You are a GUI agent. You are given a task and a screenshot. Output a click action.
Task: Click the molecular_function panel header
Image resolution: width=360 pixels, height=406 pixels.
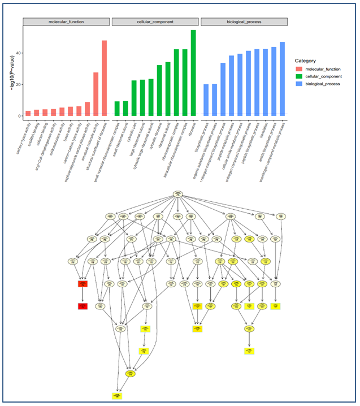point(66,22)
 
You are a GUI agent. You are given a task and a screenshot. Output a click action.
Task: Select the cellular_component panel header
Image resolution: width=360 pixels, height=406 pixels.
point(155,22)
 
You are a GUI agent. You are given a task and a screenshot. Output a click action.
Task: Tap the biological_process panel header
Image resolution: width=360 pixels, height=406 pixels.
point(244,22)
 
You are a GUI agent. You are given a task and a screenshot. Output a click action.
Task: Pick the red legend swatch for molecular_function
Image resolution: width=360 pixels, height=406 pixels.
point(301,68)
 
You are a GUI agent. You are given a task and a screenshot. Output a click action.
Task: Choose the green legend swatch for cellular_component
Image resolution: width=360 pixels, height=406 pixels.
point(301,76)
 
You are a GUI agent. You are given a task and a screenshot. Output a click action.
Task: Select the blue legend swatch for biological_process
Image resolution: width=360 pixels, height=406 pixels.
point(301,84)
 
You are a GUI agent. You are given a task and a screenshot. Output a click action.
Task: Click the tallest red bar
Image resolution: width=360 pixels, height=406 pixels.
point(104,78)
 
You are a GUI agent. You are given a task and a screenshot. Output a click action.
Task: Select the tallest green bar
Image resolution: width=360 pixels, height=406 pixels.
point(193,73)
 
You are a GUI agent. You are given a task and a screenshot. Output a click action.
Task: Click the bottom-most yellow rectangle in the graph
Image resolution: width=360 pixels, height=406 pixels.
point(117,396)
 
